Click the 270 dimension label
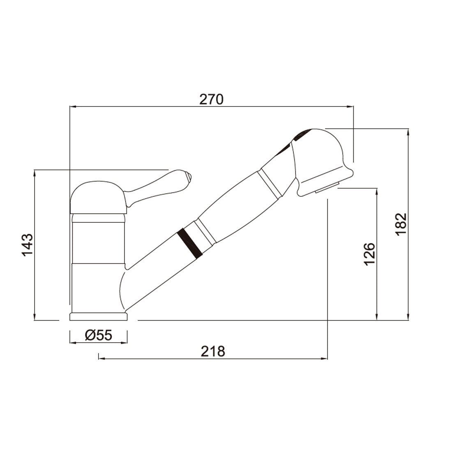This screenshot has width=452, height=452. tap(211, 99)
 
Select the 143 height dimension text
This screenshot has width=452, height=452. tap(28, 245)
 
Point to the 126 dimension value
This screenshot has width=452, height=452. tap(369, 254)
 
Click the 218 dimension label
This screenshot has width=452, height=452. tap(213, 351)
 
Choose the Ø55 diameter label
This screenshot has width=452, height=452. tap(98, 335)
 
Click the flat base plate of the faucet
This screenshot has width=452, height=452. tap(98, 316)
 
